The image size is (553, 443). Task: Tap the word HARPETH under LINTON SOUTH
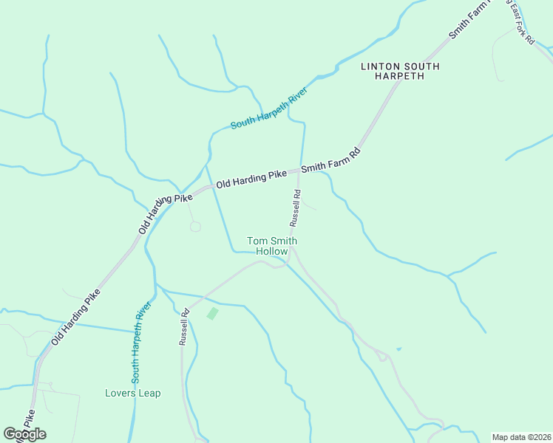(x=400, y=76)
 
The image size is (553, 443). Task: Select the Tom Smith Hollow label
(x=272, y=246)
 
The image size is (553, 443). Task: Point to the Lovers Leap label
(x=133, y=393)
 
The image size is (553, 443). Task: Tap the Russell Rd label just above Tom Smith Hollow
(x=294, y=208)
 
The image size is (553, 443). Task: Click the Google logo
(x=24, y=434)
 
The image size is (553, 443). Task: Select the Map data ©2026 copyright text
(x=521, y=436)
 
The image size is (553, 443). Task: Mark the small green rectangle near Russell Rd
(x=213, y=314)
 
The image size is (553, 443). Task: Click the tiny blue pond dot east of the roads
(x=398, y=348)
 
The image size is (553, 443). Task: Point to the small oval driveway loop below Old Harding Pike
(x=195, y=227)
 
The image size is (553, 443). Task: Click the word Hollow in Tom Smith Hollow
(x=272, y=252)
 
